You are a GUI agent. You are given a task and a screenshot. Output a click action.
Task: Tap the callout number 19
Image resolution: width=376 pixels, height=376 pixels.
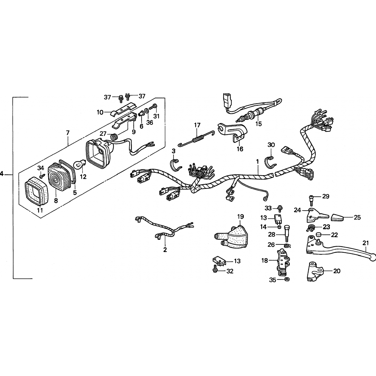point(240,217)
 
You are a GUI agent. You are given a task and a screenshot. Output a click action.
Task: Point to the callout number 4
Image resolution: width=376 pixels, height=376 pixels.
point(2,174)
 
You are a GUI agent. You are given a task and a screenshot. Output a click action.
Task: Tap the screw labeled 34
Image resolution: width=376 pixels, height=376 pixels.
point(42,176)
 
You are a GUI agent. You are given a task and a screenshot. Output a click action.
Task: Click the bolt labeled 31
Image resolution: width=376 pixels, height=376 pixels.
point(153,107)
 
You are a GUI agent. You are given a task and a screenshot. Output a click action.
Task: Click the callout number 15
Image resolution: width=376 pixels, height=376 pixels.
point(258,124)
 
